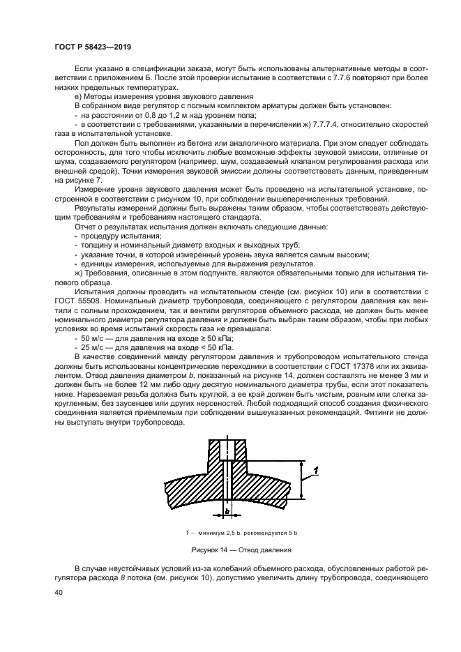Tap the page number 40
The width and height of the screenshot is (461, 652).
[x=59, y=592]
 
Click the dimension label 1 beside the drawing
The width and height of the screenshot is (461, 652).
[x=317, y=472]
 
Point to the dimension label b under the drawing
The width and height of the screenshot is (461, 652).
[x=228, y=512]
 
